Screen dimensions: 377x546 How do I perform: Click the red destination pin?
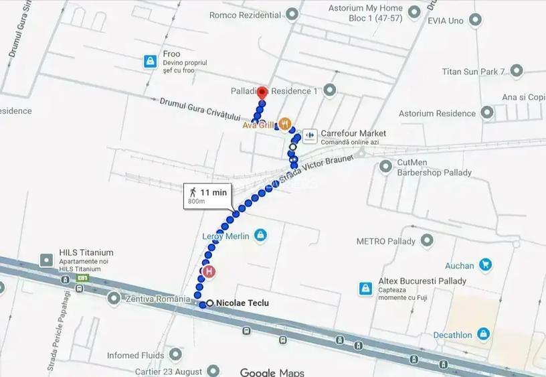click(x=262, y=93)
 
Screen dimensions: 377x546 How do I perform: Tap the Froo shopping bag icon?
click(x=151, y=62)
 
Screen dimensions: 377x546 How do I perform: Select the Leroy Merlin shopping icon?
click(x=260, y=235)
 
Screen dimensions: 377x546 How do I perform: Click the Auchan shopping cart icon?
click(x=486, y=265)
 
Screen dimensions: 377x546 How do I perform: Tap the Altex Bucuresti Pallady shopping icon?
click(x=365, y=288)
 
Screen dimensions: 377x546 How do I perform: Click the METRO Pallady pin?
click(x=426, y=240)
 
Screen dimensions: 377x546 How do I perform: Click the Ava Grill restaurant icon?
click(x=285, y=124)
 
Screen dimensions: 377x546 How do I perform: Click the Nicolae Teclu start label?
click(x=242, y=303)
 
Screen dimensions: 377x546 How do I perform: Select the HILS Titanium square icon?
click(x=46, y=260)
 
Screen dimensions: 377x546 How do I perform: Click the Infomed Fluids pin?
click(x=175, y=354)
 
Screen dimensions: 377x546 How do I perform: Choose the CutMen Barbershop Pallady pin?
click(x=385, y=166)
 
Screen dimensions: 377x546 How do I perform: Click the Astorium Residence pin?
click(x=487, y=113)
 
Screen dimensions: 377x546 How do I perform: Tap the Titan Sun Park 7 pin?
click(x=516, y=70)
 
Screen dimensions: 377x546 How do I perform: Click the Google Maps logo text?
click(x=272, y=372)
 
